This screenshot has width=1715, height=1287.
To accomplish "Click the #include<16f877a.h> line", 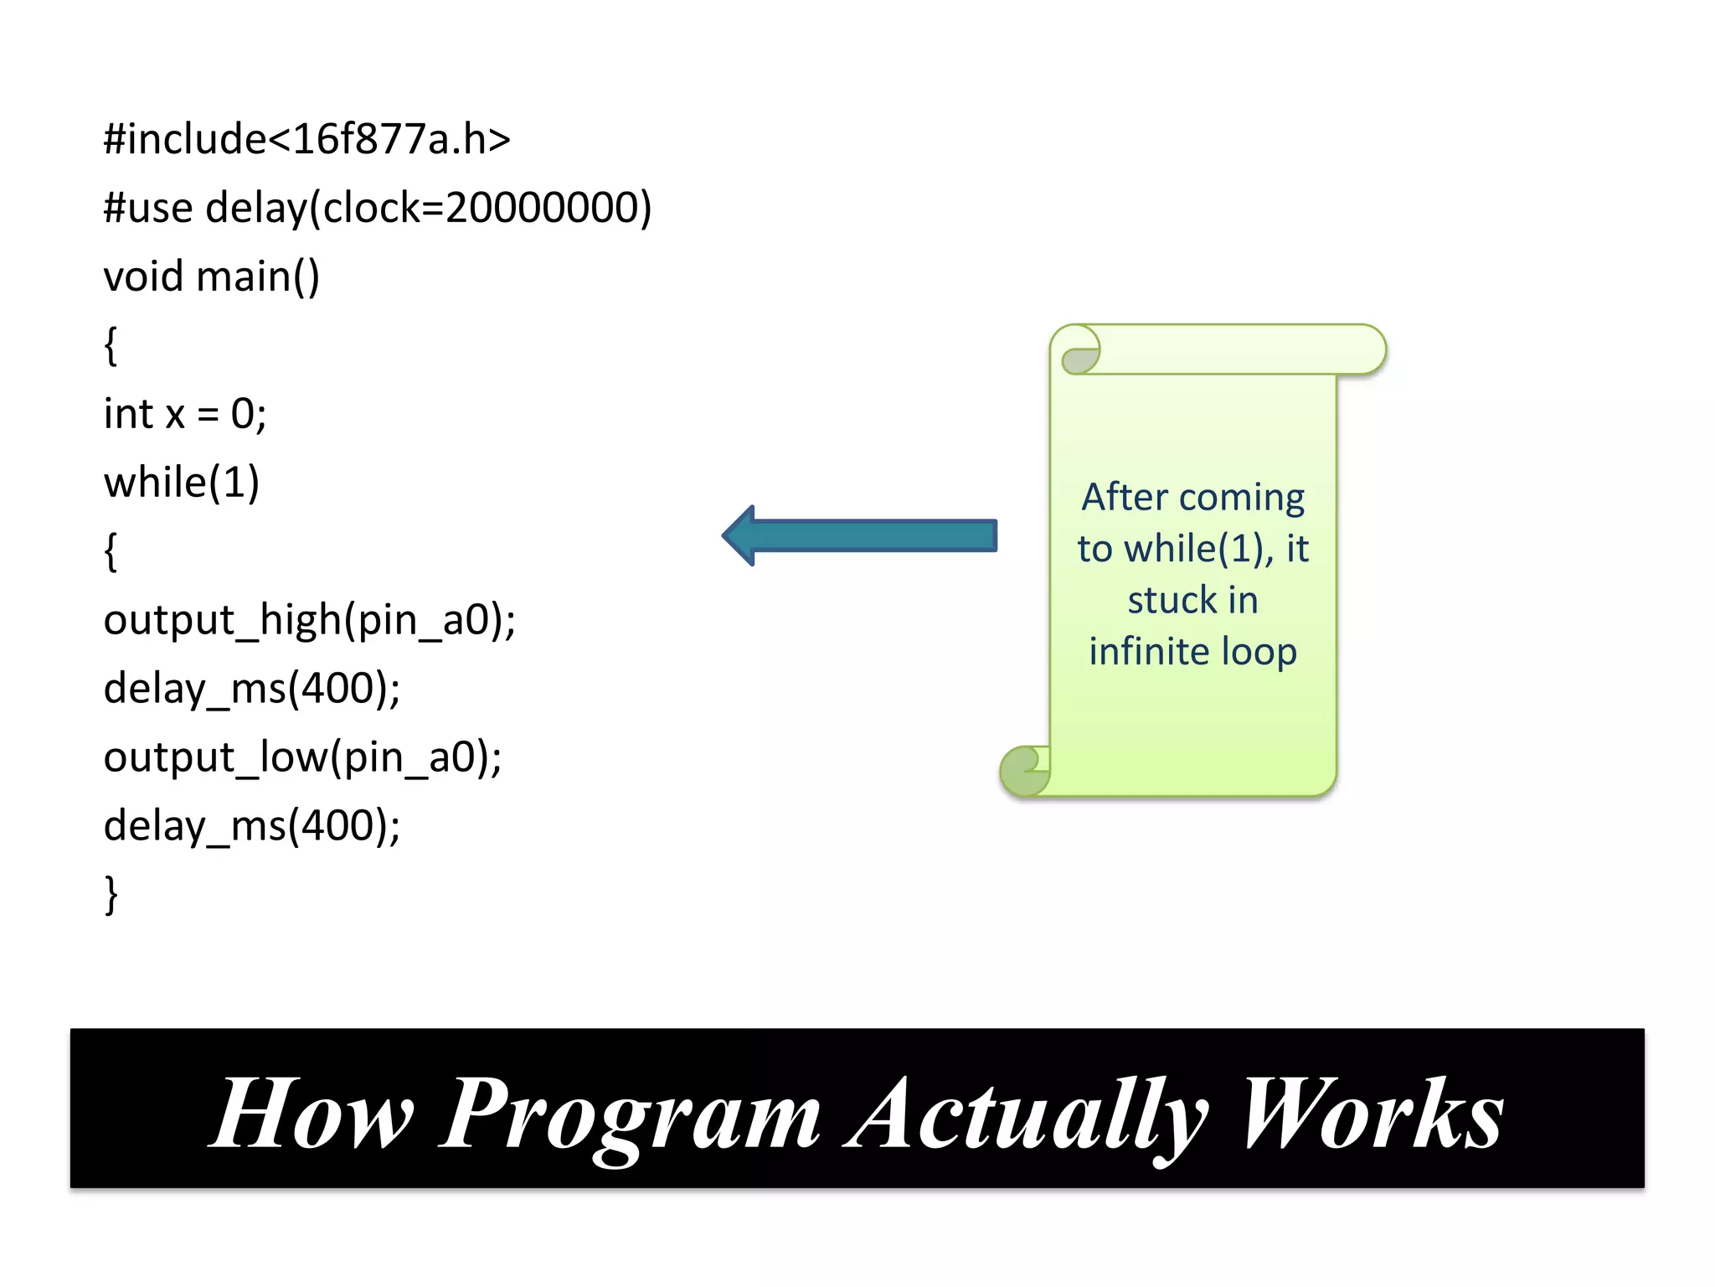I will click(x=306, y=139).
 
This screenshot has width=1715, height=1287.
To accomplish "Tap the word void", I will click(x=143, y=277).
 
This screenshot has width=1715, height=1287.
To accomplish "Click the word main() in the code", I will click(x=258, y=277).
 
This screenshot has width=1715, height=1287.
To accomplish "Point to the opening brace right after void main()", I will click(x=110, y=345).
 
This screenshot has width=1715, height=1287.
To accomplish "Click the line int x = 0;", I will click(x=185, y=414).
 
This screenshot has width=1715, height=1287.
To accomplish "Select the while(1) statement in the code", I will click(x=182, y=483).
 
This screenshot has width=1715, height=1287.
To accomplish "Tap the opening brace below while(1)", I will click(x=110, y=551).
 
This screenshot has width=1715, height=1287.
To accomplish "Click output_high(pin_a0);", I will click(x=309, y=621).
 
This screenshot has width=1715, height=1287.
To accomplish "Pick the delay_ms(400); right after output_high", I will click(x=252, y=689).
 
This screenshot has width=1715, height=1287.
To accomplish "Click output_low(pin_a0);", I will click(x=302, y=757).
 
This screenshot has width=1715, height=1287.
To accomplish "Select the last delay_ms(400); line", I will click(x=252, y=826).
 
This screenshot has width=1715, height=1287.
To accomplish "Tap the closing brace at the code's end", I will click(x=111, y=895).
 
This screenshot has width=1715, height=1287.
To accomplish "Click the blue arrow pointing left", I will click(x=860, y=535).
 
